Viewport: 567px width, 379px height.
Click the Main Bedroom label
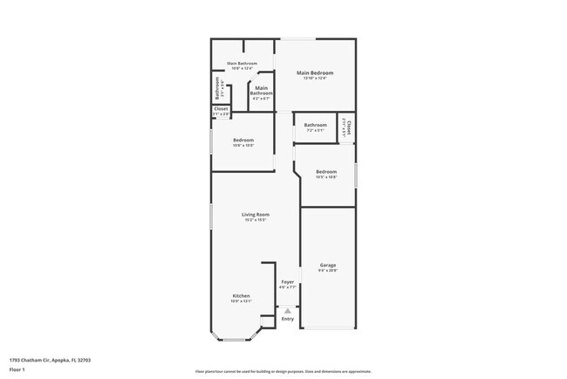click(x=315, y=72)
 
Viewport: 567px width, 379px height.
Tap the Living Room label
click(x=256, y=214)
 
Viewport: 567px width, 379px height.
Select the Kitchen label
click(x=241, y=296)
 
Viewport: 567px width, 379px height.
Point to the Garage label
click(x=328, y=265)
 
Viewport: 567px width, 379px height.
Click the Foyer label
click(x=288, y=282)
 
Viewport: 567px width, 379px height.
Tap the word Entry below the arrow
click(x=288, y=318)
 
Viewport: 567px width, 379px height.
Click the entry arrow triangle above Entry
click(x=288, y=309)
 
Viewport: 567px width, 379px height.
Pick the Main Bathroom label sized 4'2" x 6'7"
click(x=262, y=90)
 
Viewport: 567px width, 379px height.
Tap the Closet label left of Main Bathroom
click(x=222, y=109)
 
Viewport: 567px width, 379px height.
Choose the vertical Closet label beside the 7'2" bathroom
click(x=348, y=127)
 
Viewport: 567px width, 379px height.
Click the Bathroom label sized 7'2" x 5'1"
click(x=315, y=125)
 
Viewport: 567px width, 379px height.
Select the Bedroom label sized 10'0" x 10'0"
click(x=243, y=141)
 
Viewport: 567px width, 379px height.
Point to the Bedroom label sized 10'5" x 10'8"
click(x=326, y=171)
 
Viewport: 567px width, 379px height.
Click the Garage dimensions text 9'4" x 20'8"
click(x=328, y=270)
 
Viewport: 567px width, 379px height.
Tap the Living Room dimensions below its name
click(x=256, y=220)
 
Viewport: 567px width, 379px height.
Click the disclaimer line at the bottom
click(x=283, y=370)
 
